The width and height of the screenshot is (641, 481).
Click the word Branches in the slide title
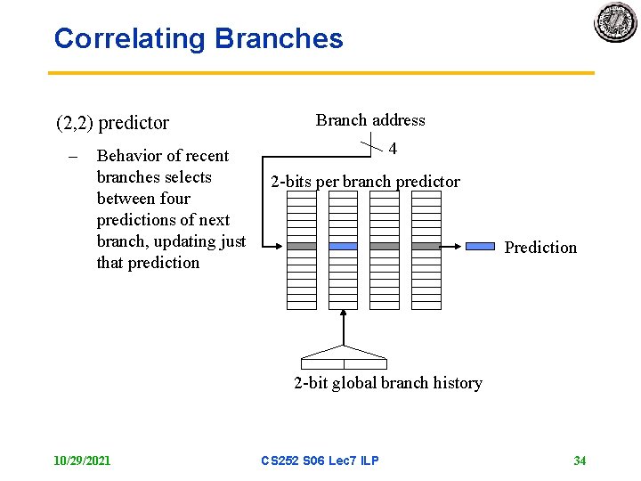coord(279,38)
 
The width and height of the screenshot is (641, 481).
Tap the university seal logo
coord(615,21)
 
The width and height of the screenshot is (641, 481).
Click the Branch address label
coord(370,120)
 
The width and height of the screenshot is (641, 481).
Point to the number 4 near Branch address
coord(393,149)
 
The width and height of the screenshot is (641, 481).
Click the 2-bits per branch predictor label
coord(365,182)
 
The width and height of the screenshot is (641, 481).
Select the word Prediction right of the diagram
coord(540,248)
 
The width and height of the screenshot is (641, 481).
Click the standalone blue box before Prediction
coord(481,246)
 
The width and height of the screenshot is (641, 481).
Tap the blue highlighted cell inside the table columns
coord(343,246)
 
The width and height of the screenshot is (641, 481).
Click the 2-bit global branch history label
coord(388,383)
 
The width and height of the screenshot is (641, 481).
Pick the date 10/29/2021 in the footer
coord(82,461)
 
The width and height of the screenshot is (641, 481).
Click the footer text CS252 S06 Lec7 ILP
coord(320,461)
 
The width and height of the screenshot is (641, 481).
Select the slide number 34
coord(580,461)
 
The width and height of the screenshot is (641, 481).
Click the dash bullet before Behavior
coord(73,156)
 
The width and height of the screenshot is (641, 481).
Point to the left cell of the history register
coord(322,363)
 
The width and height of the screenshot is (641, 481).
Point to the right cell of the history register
coord(365,363)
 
